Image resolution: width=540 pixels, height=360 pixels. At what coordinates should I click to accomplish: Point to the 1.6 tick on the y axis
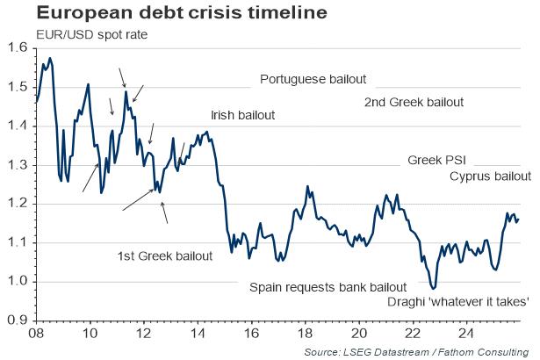click(x=18, y=48)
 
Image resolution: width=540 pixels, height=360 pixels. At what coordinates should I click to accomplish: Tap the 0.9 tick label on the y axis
click(x=18, y=320)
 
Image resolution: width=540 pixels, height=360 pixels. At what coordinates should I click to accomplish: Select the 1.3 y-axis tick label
click(x=18, y=165)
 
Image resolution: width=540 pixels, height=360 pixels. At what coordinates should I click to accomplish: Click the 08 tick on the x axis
click(x=36, y=334)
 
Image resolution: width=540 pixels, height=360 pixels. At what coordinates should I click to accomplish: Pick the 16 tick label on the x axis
click(x=251, y=334)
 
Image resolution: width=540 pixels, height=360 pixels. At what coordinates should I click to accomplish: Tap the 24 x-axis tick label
click(x=467, y=334)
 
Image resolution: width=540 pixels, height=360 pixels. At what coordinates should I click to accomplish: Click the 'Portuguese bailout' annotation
click(x=313, y=80)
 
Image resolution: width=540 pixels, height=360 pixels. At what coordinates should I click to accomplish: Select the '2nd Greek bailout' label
click(x=414, y=102)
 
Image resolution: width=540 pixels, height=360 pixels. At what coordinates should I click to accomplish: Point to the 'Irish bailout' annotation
click(x=242, y=116)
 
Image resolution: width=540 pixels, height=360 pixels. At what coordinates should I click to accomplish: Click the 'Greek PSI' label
click(x=436, y=162)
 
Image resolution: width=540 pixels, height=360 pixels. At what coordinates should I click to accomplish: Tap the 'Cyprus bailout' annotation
click(x=490, y=176)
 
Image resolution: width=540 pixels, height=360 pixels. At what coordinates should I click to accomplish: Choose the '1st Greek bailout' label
click(x=164, y=256)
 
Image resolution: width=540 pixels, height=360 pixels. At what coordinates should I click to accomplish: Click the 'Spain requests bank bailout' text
click(x=328, y=287)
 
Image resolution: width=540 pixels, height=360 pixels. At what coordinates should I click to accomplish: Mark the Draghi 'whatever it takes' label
click(x=457, y=303)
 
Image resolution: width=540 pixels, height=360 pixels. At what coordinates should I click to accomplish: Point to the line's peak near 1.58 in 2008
click(x=50, y=58)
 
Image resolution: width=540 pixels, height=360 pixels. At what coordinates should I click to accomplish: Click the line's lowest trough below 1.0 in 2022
click(x=432, y=287)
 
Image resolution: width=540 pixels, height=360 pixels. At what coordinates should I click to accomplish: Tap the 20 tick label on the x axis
click(x=359, y=334)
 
